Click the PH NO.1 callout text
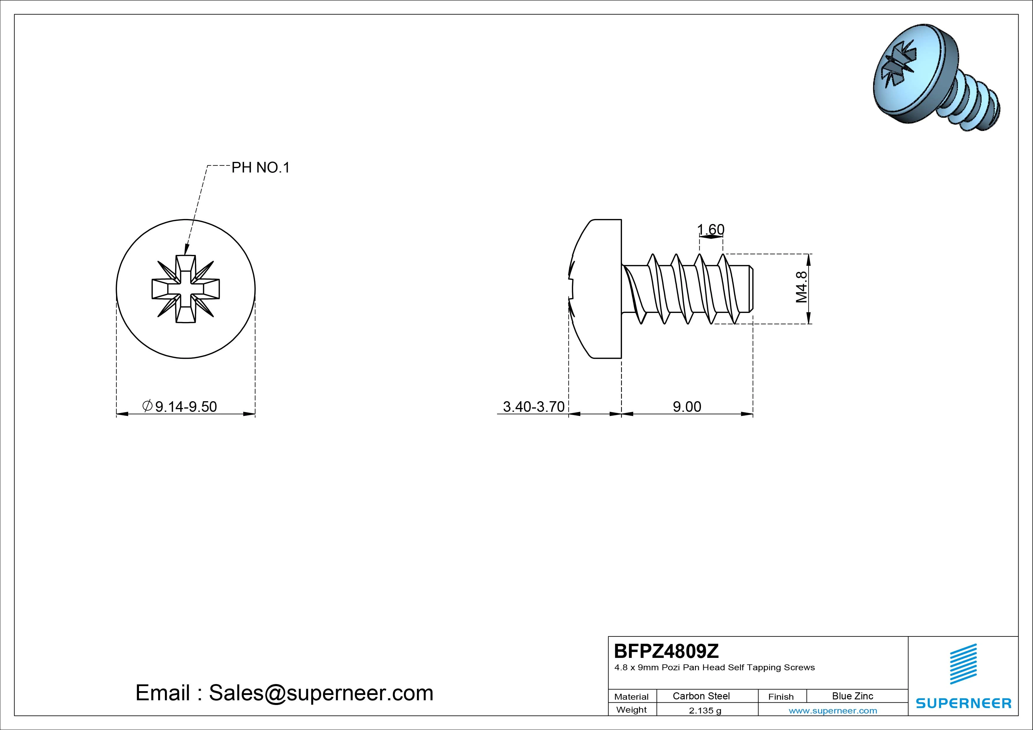(x=261, y=168)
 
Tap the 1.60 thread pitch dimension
(x=711, y=230)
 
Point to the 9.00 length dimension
(x=687, y=407)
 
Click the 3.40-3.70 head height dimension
(x=534, y=407)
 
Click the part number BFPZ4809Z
(x=666, y=651)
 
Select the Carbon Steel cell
(x=701, y=696)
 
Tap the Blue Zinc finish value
(x=852, y=696)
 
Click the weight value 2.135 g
(x=705, y=711)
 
